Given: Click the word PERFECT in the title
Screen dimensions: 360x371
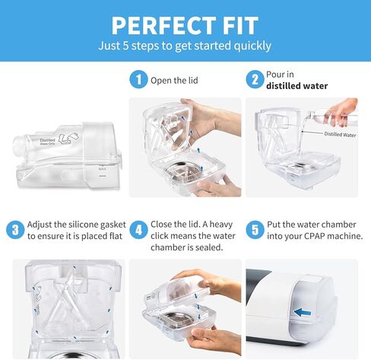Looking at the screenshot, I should click(x=156, y=25).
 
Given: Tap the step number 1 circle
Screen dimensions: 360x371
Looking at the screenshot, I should click(x=138, y=79).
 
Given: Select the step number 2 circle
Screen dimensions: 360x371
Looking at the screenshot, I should click(x=254, y=79).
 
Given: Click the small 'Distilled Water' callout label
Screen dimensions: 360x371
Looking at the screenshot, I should click(x=339, y=135).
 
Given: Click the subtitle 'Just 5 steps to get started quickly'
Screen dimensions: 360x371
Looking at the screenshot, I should click(x=185, y=46).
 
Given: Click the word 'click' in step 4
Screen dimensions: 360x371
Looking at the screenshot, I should click(x=163, y=236).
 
